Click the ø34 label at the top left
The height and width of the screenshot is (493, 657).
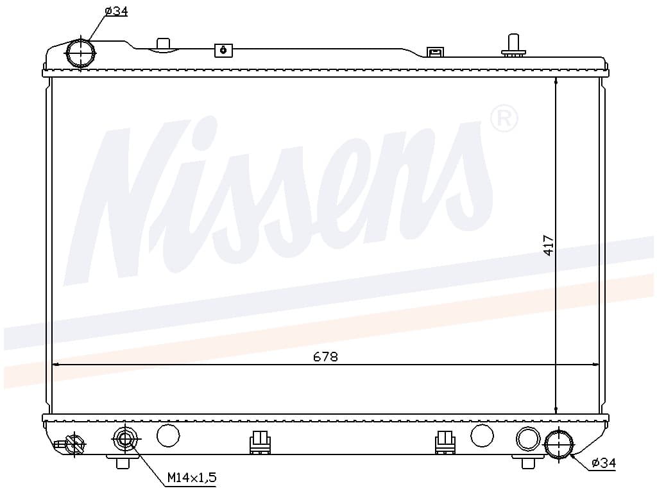pyautogui.click(x=116, y=11)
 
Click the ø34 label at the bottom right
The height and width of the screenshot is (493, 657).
pyautogui.click(x=604, y=463)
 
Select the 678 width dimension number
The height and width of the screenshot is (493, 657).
pyautogui.click(x=325, y=357)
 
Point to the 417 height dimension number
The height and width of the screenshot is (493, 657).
pyautogui.click(x=549, y=245)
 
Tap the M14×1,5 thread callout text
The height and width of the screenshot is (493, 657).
pyautogui.click(x=192, y=477)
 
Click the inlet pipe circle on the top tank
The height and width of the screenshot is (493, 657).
pyautogui.click(x=80, y=53)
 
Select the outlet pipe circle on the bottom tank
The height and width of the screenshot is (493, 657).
pyautogui.click(x=559, y=444)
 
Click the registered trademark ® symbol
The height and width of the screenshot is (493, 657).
pyautogui.click(x=504, y=118)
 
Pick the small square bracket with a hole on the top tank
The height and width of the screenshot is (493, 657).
pyautogui.click(x=223, y=50)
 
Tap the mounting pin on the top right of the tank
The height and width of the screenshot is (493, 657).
pyautogui.click(x=513, y=46)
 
